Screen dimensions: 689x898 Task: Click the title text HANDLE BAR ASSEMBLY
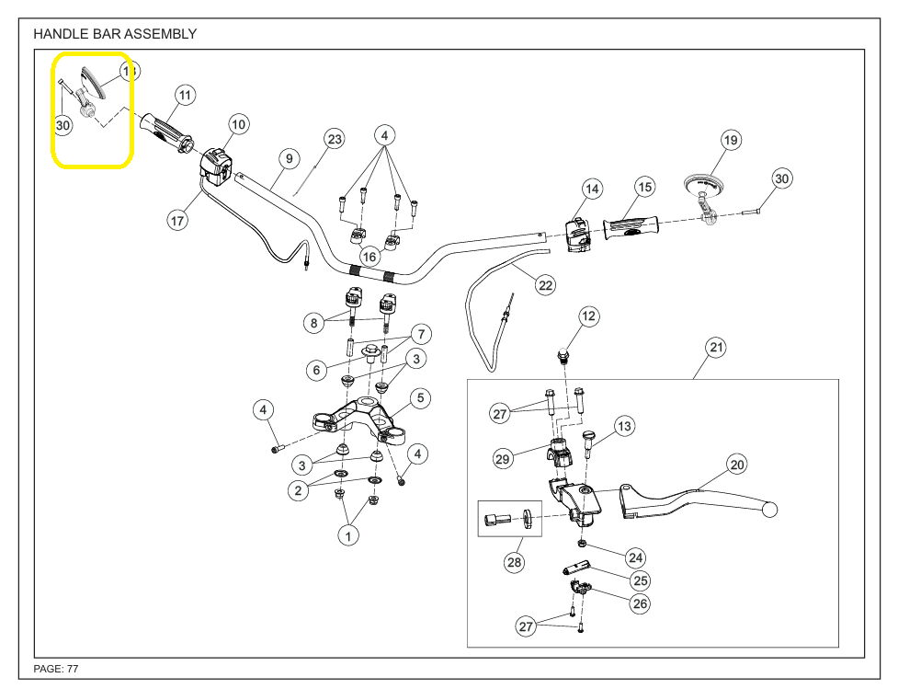(114, 34)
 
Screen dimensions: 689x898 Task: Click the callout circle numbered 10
(238, 124)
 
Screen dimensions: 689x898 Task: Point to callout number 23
(334, 139)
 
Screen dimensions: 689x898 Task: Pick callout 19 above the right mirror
(731, 141)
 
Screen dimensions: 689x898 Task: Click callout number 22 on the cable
(546, 285)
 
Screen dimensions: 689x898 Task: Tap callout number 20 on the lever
(737, 465)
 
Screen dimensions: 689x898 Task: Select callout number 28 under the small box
(514, 561)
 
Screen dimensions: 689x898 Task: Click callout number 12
(588, 316)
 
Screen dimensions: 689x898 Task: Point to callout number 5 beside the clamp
(419, 398)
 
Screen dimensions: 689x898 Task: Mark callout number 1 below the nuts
(347, 535)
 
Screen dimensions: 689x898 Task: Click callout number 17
(176, 221)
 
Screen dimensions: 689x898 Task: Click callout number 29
(503, 459)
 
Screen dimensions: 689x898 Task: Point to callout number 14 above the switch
(592, 189)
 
